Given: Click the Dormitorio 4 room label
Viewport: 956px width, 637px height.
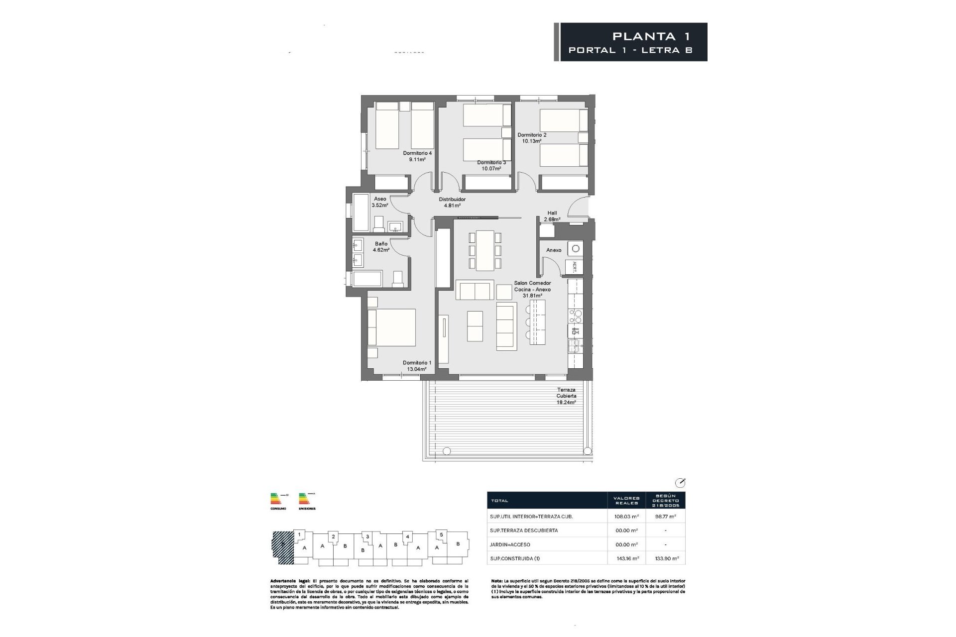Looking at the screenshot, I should coord(417,153).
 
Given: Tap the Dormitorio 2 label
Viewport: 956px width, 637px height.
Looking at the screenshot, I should coord(532,135).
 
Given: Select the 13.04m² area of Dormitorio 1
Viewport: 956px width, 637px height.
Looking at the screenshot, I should coord(417,369).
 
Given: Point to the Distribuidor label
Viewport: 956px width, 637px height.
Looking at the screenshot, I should coord(452,200).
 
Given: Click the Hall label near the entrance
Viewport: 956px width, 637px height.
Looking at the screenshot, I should coord(552,213).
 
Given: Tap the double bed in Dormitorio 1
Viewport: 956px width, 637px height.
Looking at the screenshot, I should coord(391,327).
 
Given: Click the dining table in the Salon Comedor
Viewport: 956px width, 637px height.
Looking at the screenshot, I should coord(484,250).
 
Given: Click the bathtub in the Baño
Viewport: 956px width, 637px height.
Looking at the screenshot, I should coord(367,279).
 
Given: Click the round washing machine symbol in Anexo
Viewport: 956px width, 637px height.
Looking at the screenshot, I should coord(577,248).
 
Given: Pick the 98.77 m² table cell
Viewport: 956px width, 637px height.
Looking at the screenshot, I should coord(665,517).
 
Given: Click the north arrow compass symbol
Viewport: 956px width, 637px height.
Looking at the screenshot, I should coord(680,483).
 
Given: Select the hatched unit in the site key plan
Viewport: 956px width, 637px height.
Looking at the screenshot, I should coord(283,548).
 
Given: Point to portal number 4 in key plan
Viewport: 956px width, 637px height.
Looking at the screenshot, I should coord(407,537).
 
